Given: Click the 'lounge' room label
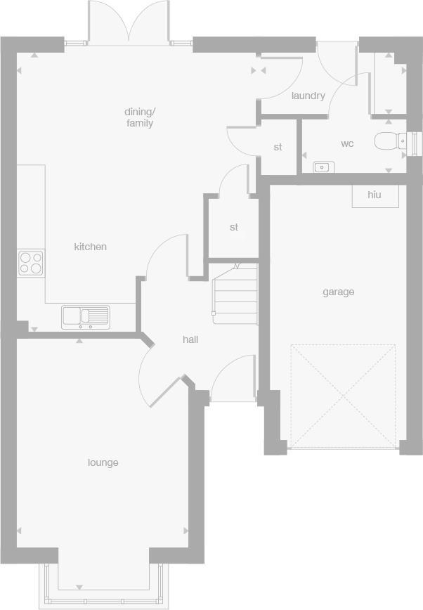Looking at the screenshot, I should pos(103,462).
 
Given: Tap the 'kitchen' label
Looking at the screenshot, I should pos(91,247).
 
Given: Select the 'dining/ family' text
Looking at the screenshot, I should pos(139,117).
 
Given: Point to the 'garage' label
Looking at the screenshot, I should pos(338,292).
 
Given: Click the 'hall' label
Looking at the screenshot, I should pos(190,339).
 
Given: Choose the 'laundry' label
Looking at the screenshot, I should pos(308,96).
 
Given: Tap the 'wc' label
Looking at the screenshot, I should pos(347,143).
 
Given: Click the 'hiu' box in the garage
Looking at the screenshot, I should pos(375,195).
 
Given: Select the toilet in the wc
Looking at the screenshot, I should pos(389,141).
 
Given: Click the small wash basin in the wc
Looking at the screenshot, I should pos(324,167).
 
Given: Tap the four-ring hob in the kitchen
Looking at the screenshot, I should pos(30,262).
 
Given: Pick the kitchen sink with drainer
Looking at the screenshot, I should pos(86,316).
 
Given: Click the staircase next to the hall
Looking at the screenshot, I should pos(235,294).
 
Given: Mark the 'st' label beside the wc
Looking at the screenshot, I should pos(278,147).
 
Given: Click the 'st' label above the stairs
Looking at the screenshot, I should pos(234,227).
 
